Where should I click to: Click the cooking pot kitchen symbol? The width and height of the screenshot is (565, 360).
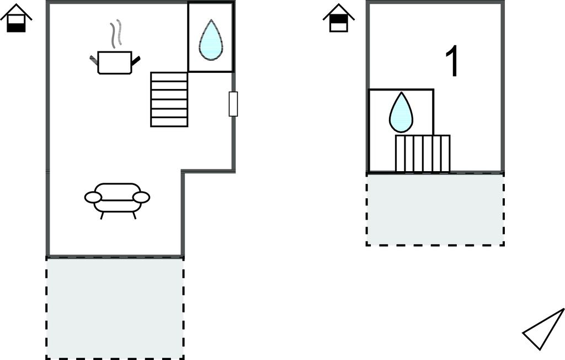tap(115, 62)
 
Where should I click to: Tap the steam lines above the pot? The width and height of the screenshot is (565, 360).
tap(115, 34)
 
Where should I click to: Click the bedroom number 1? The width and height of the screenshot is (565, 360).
tap(452, 62)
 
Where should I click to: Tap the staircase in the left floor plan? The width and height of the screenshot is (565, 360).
tap(169, 99)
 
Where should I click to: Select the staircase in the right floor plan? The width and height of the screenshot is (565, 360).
tap(423, 153)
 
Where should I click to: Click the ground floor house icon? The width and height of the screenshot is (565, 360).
tap(16, 19)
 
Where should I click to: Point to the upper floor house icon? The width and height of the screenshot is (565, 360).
tap(338, 19)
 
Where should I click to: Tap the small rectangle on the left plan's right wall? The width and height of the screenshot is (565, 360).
tap(233, 104)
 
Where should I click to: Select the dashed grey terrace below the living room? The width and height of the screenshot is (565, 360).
tap(115, 308)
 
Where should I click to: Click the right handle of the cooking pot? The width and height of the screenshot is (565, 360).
tap(136, 60)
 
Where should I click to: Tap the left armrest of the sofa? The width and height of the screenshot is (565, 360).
tap(93, 197)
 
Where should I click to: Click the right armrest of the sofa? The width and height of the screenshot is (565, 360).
tap(141, 197)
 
